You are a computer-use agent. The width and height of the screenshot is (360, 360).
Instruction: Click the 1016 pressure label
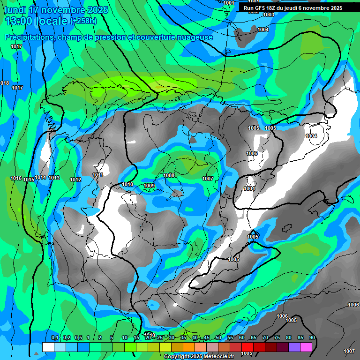click(16, 178)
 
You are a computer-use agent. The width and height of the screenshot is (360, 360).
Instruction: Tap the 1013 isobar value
click(54, 178)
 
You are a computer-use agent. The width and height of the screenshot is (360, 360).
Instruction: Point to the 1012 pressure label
click(75, 180)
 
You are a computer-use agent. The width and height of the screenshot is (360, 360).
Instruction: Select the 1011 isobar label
click(97, 175)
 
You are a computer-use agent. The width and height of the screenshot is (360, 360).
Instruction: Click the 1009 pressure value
click(149, 186)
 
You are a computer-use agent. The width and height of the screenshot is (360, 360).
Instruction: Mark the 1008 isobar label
click(169, 175)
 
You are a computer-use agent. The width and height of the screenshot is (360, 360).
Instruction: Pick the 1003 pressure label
click(269, 15)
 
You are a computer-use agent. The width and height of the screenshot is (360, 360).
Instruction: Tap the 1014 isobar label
click(41, 178)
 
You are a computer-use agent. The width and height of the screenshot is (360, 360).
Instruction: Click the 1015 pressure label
click(29, 180)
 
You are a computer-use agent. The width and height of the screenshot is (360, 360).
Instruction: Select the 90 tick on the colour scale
click(312, 337)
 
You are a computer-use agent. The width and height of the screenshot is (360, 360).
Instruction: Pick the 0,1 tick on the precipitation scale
click(54, 337)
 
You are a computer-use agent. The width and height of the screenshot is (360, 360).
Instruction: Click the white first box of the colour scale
click(48, 347)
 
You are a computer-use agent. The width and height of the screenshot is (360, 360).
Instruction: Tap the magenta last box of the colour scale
click(306, 347)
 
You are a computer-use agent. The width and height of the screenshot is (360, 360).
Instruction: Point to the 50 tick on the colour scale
click(218, 337)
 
